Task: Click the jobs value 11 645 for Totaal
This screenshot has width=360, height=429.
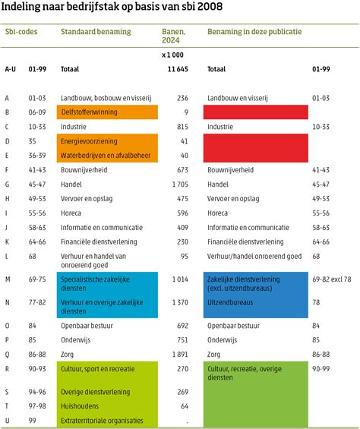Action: click(177, 69)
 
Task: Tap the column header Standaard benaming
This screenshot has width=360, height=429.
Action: click(95, 32)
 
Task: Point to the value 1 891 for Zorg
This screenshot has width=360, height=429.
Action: click(178, 354)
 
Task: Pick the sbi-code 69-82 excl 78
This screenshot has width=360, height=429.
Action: click(332, 279)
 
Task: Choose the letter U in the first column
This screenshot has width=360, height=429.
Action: click(7, 420)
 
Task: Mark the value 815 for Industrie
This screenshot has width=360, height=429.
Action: click(181, 127)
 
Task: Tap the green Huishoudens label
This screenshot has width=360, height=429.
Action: click(81, 406)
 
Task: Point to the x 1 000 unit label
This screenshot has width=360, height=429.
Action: click(172, 55)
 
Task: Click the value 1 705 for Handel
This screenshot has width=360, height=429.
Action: click(178, 185)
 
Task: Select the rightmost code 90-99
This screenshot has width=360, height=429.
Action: click(321, 368)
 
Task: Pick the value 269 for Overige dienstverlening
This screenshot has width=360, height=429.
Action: click(181, 392)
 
